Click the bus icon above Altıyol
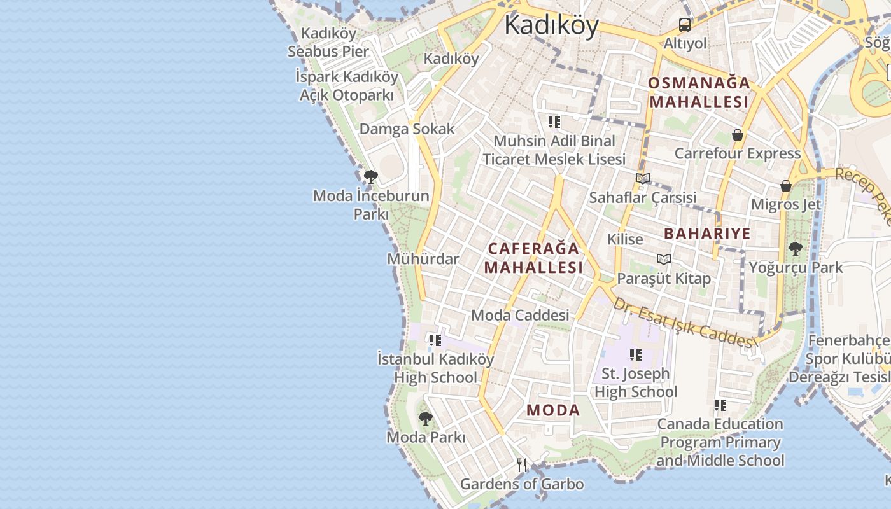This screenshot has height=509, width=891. [685, 25]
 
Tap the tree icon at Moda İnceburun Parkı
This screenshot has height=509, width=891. [370, 176]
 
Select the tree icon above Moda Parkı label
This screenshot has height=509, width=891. [425, 418]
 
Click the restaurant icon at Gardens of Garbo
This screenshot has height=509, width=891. [522, 465]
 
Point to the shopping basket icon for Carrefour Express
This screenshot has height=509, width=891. [737, 135]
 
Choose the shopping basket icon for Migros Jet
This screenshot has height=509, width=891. [786, 186]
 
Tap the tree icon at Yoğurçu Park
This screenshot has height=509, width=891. [794, 248]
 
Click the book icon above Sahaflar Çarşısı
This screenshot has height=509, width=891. [643, 179]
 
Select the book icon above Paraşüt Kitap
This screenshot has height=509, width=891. [664, 259]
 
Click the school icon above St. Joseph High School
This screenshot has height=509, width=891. [635, 354]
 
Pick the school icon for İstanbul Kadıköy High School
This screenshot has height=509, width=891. [435, 340]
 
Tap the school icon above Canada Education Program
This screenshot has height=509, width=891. [720, 405]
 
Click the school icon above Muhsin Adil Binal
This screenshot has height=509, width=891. [554, 122]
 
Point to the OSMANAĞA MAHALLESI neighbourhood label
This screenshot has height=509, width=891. [699, 92]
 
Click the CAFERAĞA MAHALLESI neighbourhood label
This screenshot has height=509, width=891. [533, 258]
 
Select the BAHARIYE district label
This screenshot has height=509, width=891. [707, 234]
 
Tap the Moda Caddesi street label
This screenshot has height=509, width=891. [520, 315]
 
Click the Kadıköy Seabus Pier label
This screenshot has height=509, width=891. [328, 42]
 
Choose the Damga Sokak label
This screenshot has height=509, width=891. [407, 129]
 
